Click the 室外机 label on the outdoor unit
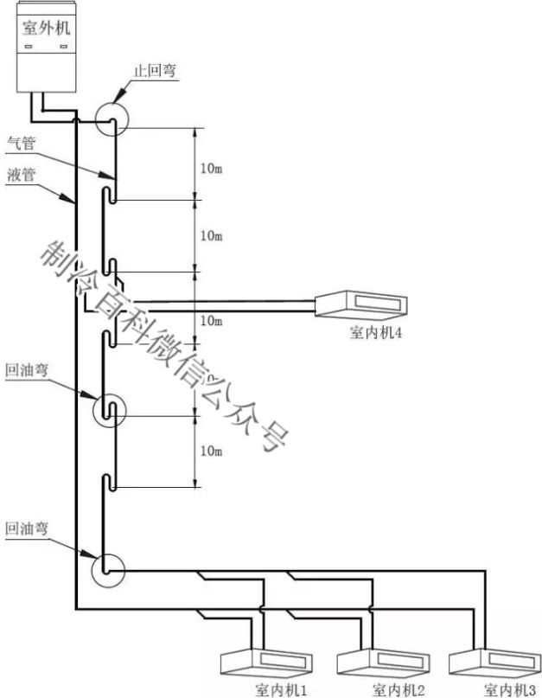(47, 28)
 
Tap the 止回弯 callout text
(156, 70)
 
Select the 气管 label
(22, 144)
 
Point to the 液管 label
(22, 175)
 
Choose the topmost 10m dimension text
(212, 169)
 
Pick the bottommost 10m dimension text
(212, 451)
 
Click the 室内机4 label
(376, 332)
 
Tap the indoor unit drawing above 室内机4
(360, 304)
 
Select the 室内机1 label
(281, 690)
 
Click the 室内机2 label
(399, 690)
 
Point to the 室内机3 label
(510, 690)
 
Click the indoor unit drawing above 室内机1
(266, 662)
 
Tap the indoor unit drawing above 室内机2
(383, 662)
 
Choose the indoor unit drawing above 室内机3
(494, 662)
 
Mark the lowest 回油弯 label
(27, 528)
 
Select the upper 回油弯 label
(27, 370)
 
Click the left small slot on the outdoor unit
(29, 47)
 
